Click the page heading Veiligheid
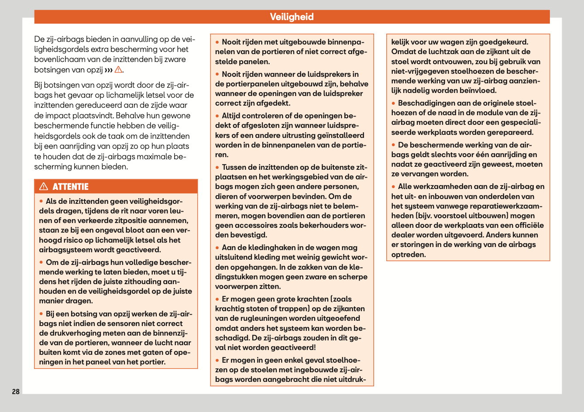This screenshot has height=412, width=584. pos(292,17)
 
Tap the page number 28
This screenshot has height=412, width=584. pos(16,391)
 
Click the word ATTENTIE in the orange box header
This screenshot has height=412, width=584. pos(70,187)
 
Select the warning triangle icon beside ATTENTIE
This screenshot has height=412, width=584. pos(44,187)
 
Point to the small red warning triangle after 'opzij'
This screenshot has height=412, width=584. pos(118,70)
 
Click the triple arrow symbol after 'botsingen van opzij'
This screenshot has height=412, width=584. pos(108,70)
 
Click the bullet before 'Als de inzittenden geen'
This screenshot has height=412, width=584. pos(41,201)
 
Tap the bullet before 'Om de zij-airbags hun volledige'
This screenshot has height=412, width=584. pos(41,262)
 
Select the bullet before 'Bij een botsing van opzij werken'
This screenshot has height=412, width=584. pos(41,314)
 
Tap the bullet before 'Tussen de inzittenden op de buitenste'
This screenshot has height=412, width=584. pos(217,167)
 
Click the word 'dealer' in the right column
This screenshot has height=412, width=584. pos(402,235)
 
